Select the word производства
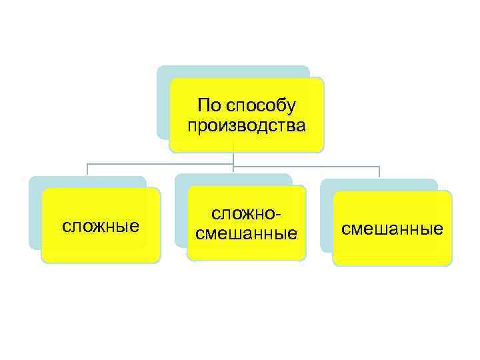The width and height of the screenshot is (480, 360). click(247, 125)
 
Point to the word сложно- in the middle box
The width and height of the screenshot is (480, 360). click(246, 215)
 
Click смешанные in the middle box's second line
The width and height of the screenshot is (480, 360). click(246, 234)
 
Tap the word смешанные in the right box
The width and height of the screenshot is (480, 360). click(392, 229)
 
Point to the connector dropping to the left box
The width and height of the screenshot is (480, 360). click(87, 170)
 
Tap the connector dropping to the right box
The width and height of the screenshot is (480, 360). click(379, 171)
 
